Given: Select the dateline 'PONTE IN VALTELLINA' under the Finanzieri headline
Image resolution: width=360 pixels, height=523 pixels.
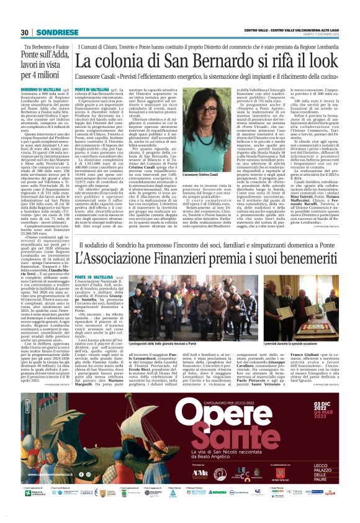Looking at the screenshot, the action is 95,275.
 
